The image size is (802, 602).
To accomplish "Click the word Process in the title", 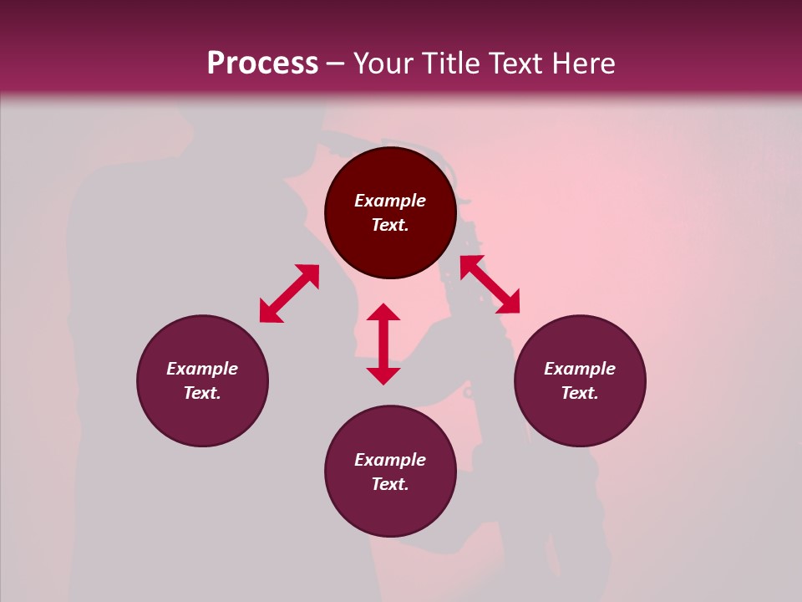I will (262, 64).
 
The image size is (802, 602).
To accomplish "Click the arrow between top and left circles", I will (289, 293).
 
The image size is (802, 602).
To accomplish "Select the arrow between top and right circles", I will (490, 284).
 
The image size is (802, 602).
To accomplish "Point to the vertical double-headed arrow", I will (383, 344).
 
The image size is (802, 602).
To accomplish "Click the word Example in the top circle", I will (390, 201).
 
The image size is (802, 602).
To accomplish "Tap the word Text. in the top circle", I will (390, 225).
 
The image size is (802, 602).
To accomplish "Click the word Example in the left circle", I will (202, 369).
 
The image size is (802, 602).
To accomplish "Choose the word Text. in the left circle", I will (202, 393).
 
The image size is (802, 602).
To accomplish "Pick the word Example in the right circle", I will (580, 369).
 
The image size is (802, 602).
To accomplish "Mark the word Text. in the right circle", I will (580, 393).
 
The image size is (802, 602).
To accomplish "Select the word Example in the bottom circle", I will (390, 460).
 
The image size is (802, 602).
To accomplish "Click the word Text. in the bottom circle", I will (390, 484).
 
